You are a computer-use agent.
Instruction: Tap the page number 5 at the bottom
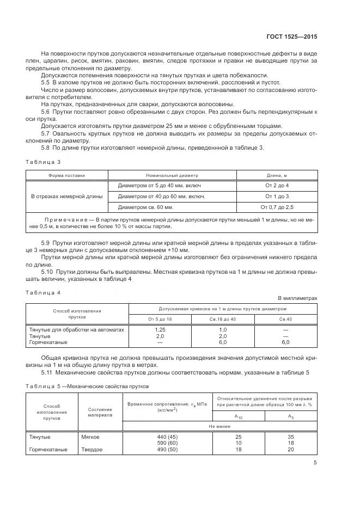tap(315, 463)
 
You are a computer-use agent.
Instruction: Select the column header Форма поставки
tap(67, 176)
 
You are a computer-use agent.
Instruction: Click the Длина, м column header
tap(277, 176)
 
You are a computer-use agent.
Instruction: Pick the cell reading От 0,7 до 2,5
tap(277, 207)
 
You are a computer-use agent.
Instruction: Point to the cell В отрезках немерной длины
tap(67, 196)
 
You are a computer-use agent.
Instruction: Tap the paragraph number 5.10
tap(47, 271)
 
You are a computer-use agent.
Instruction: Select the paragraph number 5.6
tap(46, 111)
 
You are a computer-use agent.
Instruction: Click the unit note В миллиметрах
tap(297, 298)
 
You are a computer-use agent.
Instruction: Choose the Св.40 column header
tap(285, 318)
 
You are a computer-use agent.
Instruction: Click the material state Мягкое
tap(90, 437)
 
